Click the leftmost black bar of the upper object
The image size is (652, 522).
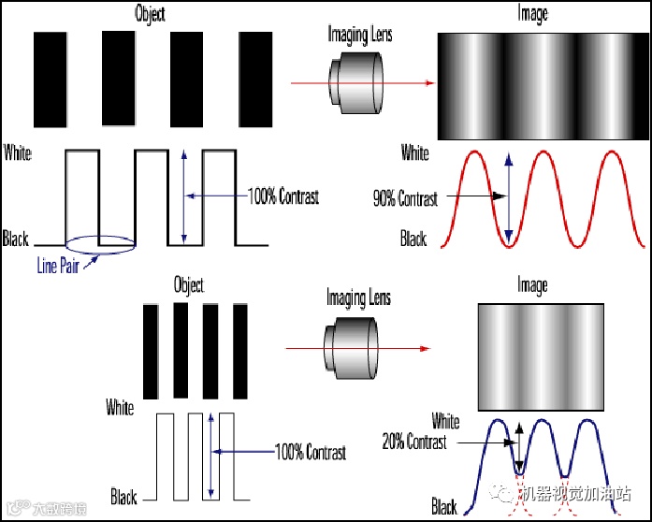click(50, 79)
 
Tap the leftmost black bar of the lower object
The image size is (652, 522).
click(150, 351)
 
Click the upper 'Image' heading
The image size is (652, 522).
click(532, 14)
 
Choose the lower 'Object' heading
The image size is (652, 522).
click(188, 284)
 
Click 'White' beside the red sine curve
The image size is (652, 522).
click(415, 152)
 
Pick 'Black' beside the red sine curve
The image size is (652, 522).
click(413, 239)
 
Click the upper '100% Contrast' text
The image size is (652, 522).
click(283, 196)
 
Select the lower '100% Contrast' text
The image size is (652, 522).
click(310, 453)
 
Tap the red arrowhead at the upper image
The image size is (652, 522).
click(429, 83)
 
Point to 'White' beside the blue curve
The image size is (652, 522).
click(445, 421)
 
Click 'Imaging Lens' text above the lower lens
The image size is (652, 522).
click(358, 298)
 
